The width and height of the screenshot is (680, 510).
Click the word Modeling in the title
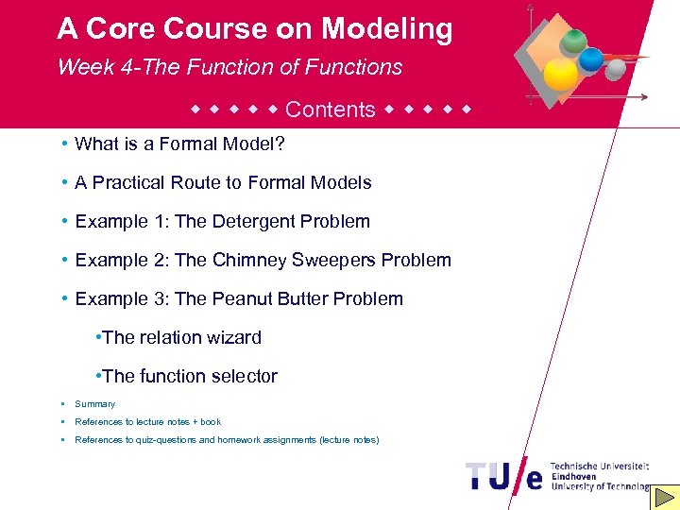(x=386, y=29)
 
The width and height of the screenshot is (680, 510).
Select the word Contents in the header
(x=330, y=110)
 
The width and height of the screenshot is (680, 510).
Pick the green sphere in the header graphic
(x=572, y=41)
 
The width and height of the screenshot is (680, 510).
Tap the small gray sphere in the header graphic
(x=616, y=70)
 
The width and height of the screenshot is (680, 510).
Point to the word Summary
(x=94, y=403)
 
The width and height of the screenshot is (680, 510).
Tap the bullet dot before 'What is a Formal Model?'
(x=60, y=144)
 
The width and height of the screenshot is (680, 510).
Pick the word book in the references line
(x=211, y=422)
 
